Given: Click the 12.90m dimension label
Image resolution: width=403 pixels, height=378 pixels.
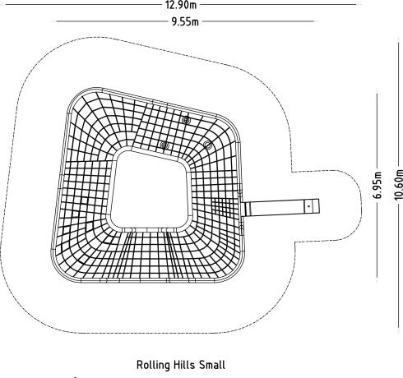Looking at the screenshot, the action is click(181, 5).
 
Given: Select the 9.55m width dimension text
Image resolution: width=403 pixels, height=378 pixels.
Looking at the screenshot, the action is click(185, 21).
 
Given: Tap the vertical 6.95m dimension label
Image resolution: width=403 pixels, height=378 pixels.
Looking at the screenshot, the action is click(378, 185).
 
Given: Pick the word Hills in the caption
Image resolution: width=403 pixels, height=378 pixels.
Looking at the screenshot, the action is click(184, 365).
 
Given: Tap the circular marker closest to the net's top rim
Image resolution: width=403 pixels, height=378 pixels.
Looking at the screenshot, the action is click(186, 120).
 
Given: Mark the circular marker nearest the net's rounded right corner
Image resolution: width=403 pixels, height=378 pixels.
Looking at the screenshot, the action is click(207, 144).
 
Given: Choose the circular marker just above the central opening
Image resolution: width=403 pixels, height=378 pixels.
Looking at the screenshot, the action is click(164, 145).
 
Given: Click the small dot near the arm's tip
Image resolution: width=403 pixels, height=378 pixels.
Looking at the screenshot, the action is click(309, 206).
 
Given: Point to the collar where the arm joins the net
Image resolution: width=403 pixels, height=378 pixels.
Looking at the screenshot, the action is click(248, 209).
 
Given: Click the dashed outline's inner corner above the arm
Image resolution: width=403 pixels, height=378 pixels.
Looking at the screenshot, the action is click(292, 172).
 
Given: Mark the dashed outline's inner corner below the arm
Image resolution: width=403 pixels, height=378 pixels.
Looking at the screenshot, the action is click(294, 242).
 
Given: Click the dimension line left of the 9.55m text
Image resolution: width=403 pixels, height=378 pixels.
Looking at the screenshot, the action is click(113, 21).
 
